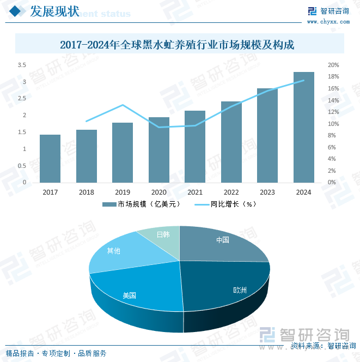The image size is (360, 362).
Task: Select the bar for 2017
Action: pos(50,158)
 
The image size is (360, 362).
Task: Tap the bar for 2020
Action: pos(159,149)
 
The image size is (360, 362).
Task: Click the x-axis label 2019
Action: pos(123,192)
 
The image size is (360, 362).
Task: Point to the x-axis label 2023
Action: pos(267,192)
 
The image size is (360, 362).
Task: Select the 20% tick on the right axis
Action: pos(333,65)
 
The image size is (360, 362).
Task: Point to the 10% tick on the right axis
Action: pos(333,124)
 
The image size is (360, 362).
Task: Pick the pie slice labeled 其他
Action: pos(114,252)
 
